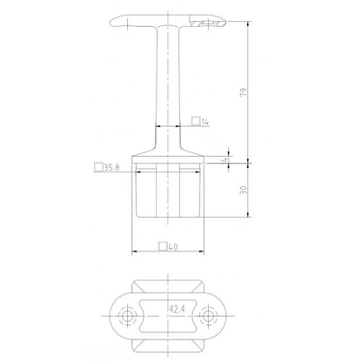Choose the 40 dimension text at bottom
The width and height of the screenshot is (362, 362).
pos(175,246)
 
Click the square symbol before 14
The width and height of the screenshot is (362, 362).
pos(196,123)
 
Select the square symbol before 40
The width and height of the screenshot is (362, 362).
pos(164,246)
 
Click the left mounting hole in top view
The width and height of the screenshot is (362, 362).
pos(131,313)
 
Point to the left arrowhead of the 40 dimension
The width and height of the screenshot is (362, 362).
pos(135,253)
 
